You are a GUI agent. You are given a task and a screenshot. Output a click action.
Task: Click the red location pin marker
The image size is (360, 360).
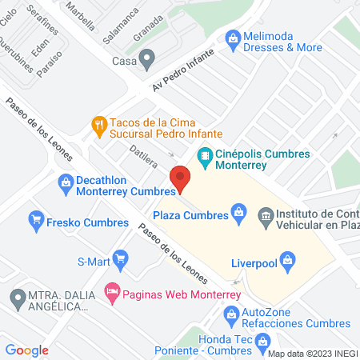180,178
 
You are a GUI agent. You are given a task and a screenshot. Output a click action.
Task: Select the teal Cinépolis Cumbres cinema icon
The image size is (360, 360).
206,155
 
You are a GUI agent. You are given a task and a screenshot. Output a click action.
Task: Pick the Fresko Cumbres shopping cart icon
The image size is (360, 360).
35,218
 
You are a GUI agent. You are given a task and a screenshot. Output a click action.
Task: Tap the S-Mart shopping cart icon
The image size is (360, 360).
120,258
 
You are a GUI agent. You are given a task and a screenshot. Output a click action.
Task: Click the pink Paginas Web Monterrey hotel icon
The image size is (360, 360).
113,294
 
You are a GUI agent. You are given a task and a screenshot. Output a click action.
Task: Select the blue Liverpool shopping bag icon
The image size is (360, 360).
289,258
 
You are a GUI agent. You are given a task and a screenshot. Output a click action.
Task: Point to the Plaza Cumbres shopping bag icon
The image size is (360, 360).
238,212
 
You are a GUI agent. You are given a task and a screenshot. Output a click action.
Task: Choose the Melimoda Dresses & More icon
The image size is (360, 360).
233,37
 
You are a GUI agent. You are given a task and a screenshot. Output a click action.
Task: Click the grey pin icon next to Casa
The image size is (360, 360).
146,58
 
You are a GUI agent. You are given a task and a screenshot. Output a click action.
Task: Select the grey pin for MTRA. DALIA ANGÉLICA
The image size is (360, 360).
17,299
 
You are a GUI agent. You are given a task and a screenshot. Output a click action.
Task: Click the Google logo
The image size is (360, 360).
27,350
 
